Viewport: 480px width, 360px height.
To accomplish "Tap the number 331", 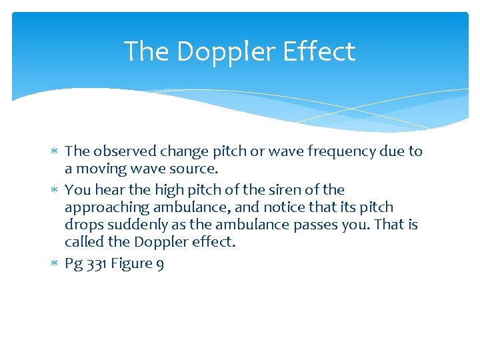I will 96,263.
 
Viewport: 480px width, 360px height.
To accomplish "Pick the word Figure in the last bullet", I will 131,264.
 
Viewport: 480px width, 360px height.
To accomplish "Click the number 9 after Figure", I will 160,264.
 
